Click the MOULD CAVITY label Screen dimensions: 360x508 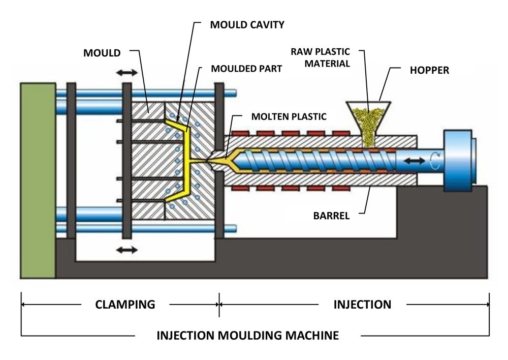tap(247, 24)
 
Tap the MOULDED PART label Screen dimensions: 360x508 tap(246, 68)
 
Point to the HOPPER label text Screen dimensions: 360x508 tap(429, 70)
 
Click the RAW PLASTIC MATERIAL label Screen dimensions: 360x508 tap(320, 57)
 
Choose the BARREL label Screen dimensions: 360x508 tap(331, 216)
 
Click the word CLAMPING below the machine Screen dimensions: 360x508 tap(125, 305)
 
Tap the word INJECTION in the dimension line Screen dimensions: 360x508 tap(362, 305)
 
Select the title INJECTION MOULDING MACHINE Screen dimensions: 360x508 tap(247, 336)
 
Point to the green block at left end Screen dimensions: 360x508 tap(38, 181)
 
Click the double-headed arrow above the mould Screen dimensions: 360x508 tap(126, 73)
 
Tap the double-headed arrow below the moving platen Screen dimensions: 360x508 tap(126, 250)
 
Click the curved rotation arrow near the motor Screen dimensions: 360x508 tap(432, 161)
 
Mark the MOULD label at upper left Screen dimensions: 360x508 tap(103, 52)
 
